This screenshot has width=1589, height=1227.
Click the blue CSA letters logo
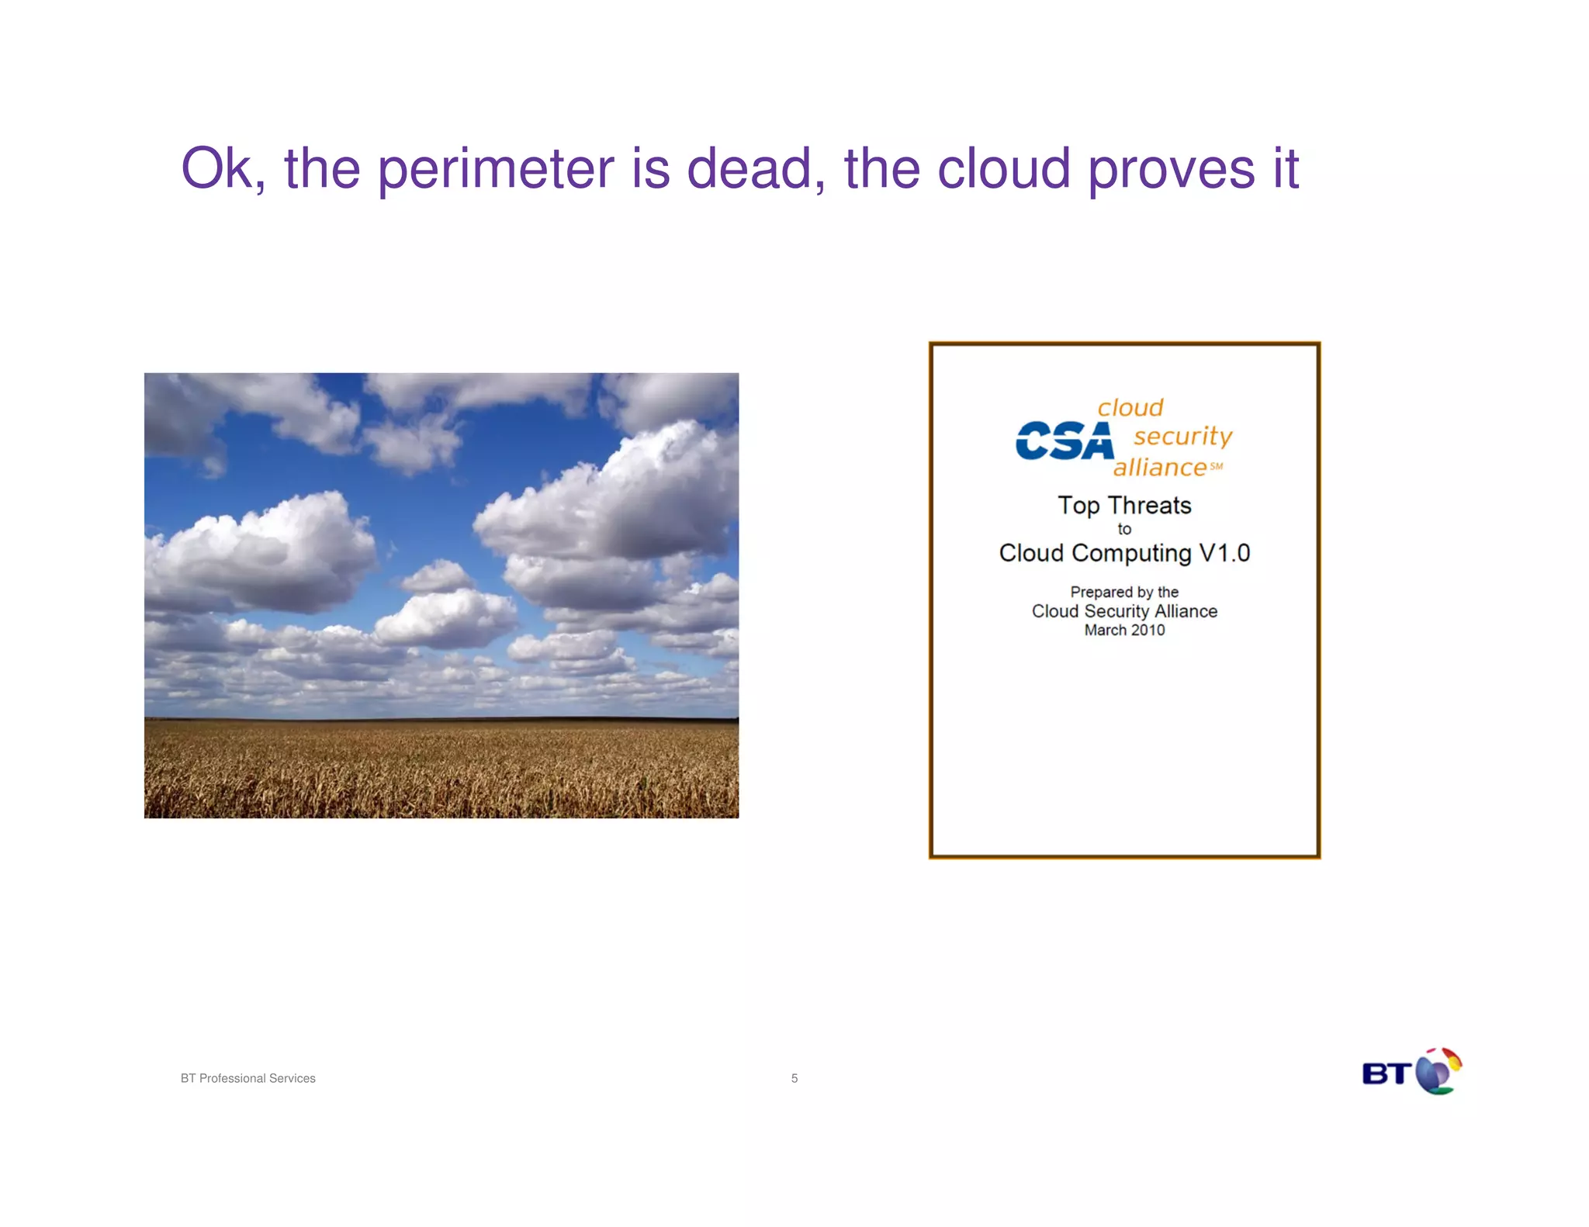1064,441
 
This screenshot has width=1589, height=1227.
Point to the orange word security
1182,436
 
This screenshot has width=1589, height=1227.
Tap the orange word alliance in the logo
1160,468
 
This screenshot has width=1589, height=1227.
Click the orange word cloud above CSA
1130,408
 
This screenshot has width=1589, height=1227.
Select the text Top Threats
1124,506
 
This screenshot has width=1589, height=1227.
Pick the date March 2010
1124,631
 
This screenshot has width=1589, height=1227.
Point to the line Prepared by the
1124,593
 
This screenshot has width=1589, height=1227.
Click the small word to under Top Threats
1124,530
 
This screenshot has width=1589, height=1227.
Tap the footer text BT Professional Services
248,1078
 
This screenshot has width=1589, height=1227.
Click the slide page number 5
794,1078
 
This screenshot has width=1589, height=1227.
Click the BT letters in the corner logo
1386,1074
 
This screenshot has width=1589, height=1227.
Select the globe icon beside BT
1437,1071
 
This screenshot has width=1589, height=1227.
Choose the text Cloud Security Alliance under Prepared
1124,611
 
